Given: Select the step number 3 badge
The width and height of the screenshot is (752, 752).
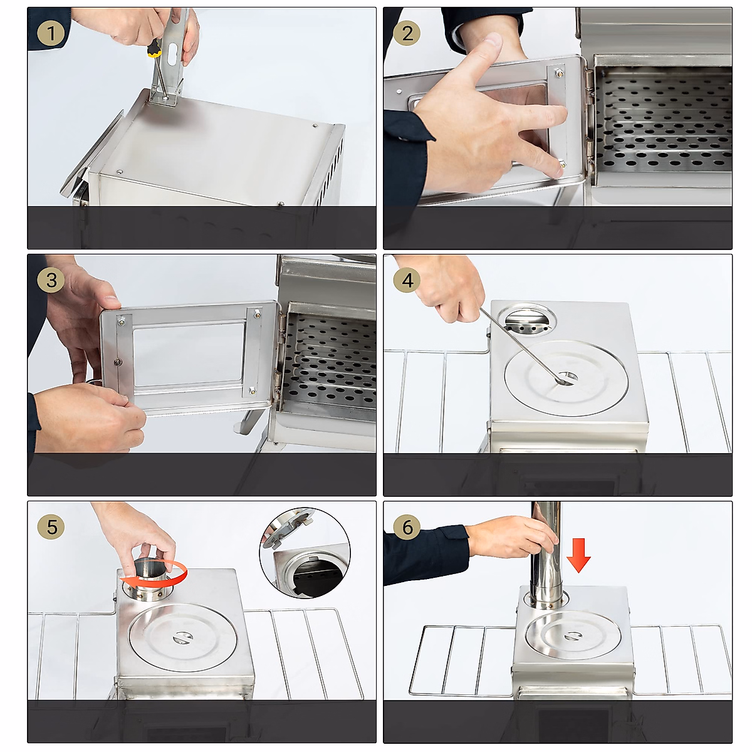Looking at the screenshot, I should click(x=51, y=279).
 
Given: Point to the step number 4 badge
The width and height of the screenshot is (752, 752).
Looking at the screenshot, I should click(x=407, y=279).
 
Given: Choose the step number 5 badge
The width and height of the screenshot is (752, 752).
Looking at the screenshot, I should click(x=51, y=526).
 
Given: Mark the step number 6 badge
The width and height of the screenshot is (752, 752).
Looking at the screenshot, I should click(x=407, y=526).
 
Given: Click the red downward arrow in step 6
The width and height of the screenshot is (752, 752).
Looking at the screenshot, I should click(x=578, y=555).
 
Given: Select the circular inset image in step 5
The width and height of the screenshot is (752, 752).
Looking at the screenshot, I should click(x=305, y=553).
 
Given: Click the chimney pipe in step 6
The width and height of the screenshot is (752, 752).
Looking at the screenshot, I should click(x=546, y=551).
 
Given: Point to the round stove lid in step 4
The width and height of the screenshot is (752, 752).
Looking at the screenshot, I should click(x=566, y=379).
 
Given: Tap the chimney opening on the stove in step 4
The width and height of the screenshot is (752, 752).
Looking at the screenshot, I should click(x=530, y=320).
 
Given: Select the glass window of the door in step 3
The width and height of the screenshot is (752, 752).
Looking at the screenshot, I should click(x=188, y=355).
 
